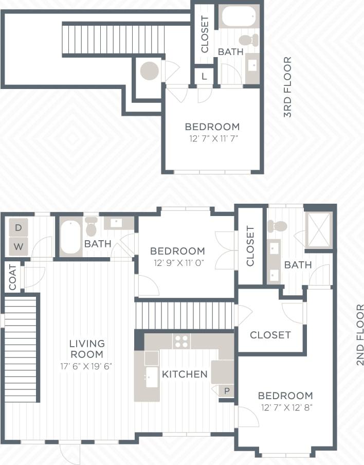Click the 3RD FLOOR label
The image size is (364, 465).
[x=287, y=87]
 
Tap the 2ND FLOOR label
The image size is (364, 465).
[x=359, y=335]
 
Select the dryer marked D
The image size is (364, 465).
[x=19, y=227]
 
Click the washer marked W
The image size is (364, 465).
[x=19, y=246]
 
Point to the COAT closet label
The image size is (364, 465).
[x=13, y=277]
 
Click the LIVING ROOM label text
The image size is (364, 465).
[x=87, y=349]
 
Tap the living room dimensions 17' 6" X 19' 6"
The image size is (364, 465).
[x=87, y=366]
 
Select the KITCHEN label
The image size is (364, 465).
[x=185, y=374]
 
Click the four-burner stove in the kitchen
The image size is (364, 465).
[x=181, y=341]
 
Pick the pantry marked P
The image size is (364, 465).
[x=226, y=391]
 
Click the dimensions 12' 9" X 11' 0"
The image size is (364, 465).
[x=177, y=262]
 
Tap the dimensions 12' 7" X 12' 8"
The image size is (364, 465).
[x=285, y=407]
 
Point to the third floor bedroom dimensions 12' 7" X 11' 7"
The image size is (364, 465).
[x=212, y=138]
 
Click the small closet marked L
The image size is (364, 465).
[x=204, y=77]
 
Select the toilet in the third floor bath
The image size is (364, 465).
[x=248, y=40]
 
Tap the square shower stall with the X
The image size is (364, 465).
[x=319, y=229]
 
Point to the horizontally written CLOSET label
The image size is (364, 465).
[x=270, y=335]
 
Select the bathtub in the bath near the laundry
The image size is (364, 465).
[x=70, y=237]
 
